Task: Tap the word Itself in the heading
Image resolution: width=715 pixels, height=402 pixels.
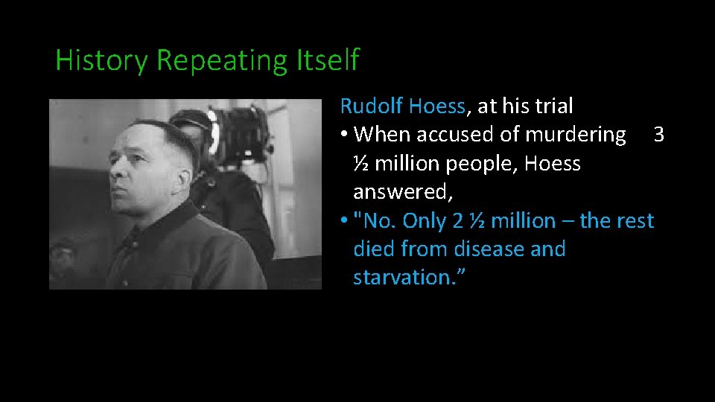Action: point(328,60)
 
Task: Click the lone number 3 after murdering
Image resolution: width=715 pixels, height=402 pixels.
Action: point(658,135)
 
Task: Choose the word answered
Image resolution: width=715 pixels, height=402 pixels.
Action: point(402,192)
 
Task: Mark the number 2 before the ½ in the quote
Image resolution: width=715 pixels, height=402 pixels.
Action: point(459,221)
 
